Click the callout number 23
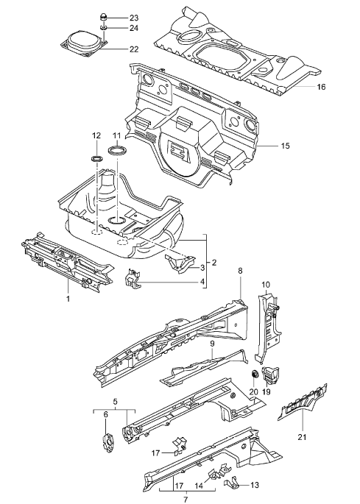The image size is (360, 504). pyautogui.click(x=133, y=17)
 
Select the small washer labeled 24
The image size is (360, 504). pyautogui.click(x=105, y=28)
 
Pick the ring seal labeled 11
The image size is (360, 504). pyautogui.click(x=116, y=151)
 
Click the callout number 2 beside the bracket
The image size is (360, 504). pyautogui.click(x=213, y=263)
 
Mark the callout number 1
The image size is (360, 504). pyautogui.click(x=68, y=299)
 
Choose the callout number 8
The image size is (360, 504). pyautogui.click(x=239, y=271)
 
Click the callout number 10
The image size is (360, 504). pyautogui.click(x=267, y=283)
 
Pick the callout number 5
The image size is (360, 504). pyautogui.click(x=116, y=401)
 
